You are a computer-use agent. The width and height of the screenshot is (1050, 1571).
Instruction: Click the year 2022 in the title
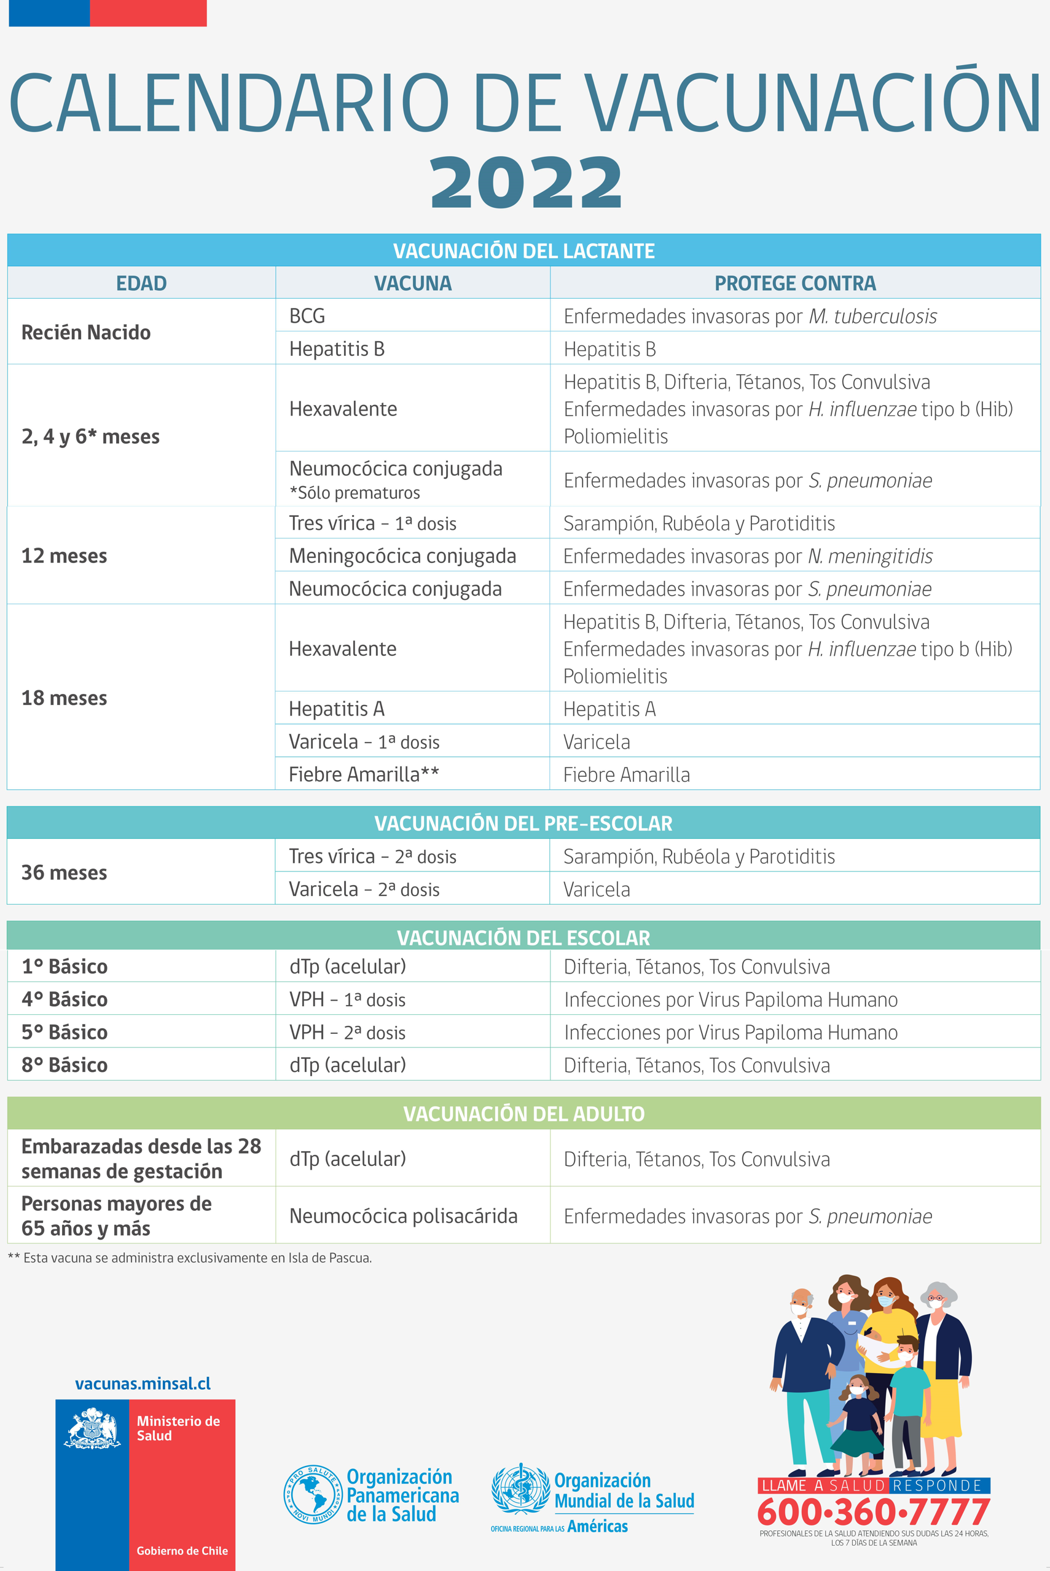click(526, 182)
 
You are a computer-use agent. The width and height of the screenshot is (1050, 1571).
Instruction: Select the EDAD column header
click(141, 283)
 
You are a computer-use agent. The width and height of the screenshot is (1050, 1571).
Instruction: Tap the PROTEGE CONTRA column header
click(795, 283)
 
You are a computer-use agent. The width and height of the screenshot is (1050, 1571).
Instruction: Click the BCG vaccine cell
click(307, 315)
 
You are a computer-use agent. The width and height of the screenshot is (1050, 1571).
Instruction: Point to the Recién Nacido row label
click(86, 333)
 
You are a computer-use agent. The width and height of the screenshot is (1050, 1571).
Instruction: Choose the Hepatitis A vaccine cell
click(336, 709)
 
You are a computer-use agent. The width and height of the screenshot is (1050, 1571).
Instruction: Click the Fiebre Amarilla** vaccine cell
click(364, 774)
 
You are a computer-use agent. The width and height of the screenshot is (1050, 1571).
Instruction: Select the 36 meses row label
click(65, 872)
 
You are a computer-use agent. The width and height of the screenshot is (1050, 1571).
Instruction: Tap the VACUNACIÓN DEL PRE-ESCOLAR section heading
click(523, 824)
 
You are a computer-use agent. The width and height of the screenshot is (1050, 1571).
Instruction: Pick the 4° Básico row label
click(65, 999)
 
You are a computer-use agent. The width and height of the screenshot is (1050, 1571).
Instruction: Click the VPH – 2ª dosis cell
click(348, 1033)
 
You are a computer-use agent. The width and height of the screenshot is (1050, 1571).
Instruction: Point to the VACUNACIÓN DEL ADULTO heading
click(523, 1114)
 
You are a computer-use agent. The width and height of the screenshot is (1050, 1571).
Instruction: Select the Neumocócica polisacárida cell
click(403, 1216)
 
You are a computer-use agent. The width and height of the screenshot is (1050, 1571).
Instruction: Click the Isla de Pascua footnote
click(189, 1258)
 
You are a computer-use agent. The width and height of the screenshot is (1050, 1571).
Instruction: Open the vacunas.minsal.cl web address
click(143, 1384)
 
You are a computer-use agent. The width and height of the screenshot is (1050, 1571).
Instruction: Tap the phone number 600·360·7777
click(873, 1512)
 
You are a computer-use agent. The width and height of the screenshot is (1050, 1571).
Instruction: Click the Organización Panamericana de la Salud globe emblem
click(313, 1495)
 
